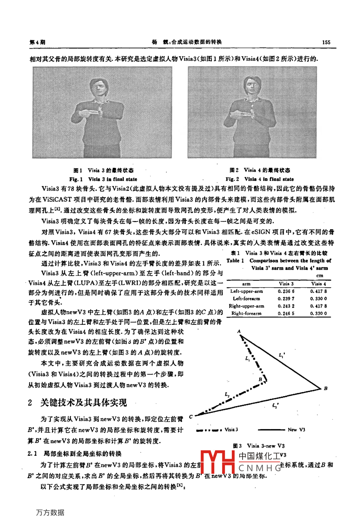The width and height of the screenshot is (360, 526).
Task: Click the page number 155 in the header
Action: pos(326,42)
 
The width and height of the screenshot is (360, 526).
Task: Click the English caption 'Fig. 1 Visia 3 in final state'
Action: pos(103,179)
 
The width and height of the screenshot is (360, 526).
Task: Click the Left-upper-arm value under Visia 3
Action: pos(286,291)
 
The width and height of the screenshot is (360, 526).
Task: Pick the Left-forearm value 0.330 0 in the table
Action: pos(319,298)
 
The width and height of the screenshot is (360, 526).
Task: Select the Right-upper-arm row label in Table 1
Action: pos(246,306)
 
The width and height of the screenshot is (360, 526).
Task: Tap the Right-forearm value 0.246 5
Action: pos(286,314)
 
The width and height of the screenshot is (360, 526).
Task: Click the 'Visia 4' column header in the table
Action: pos(319,284)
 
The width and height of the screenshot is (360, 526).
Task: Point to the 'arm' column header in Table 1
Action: pos(246,284)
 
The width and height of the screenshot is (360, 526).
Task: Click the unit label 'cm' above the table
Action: pos(319,275)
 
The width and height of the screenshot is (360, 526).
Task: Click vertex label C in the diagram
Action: pos(191,416)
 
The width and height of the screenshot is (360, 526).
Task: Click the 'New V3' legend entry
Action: pos(296,430)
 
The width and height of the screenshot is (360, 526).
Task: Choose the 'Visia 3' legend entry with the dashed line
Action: pos(231,430)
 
